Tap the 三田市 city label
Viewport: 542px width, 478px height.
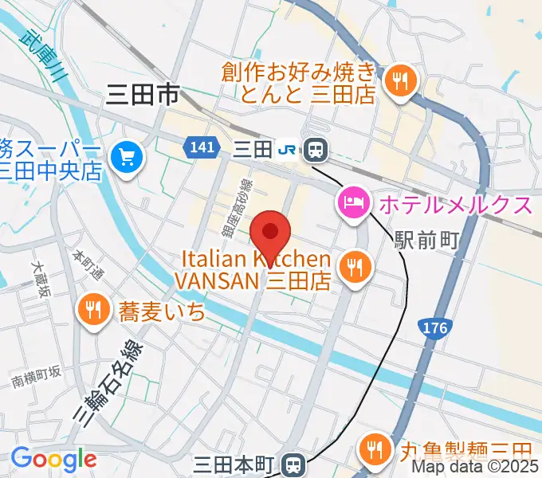point(142,96)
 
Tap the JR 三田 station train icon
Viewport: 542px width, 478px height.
point(316,148)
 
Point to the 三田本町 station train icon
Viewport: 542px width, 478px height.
point(294,463)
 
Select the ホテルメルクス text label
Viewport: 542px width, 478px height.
point(455,205)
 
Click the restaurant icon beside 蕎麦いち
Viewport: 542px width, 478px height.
point(93,310)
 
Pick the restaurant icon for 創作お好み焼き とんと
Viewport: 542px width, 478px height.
point(397,81)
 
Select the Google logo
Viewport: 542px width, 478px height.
point(53,459)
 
